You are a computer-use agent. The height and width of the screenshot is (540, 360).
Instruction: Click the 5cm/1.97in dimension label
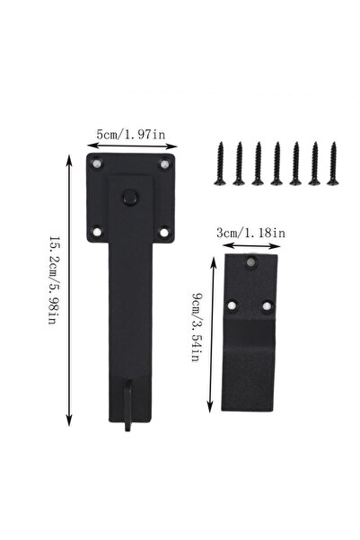pos(131,134)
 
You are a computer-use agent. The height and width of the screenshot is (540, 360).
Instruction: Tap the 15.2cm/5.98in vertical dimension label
pos(52,280)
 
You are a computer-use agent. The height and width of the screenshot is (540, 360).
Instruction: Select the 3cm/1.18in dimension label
pos(250,233)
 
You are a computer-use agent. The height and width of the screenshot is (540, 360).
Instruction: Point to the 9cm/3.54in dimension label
pos(196,327)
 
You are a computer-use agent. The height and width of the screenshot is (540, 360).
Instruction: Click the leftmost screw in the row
pos(220,164)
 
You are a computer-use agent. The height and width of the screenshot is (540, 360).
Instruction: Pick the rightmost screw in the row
pos(333,164)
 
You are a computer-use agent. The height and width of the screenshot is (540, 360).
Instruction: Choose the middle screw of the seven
pos(277,164)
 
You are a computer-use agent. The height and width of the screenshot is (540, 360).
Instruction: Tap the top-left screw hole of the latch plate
pos(97,163)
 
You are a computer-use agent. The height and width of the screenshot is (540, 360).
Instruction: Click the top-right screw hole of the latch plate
pos(165,164)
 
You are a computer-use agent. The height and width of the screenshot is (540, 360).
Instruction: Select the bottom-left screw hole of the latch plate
pos(97,232)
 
